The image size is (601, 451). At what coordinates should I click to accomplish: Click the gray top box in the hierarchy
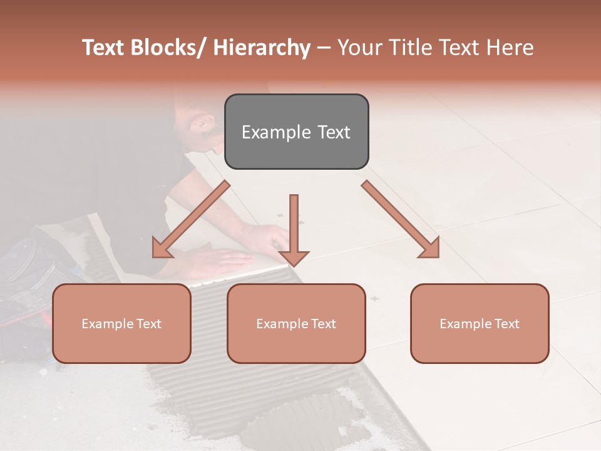(x=296, y=132)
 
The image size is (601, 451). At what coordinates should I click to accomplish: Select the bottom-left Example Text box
(x=121, y=323)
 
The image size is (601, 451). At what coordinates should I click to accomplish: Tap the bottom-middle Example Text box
(x=296, y=323)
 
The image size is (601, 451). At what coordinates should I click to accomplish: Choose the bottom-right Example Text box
(x=480, y=323)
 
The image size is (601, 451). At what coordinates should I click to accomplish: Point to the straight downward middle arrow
(x=294, y=225)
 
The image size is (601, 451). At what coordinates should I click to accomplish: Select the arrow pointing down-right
(x=401, y=219)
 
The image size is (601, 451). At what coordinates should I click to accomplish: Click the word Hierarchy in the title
(x=262, y=48)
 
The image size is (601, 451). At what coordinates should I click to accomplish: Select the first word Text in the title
(x=103, y=48)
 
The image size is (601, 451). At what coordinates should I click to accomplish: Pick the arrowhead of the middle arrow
(x=294, y=257)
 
